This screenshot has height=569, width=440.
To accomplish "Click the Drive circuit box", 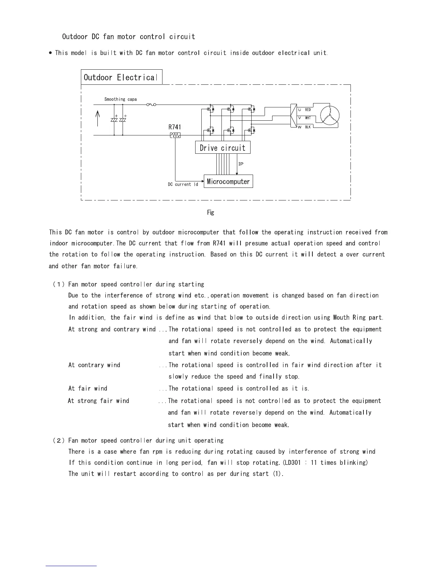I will [x=223, y=148].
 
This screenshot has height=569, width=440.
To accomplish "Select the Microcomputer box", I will [x=228, y=181].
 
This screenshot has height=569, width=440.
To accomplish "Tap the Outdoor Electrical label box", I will [x=122, y=77].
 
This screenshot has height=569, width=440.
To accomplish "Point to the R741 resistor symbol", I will [x=175, y=135].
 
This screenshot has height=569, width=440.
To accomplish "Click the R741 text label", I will [x=175, y=127].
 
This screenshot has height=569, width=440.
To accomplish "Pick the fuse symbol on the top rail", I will [x=151, y=105].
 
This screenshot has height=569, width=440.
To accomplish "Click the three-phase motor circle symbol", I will [x=330, y=116].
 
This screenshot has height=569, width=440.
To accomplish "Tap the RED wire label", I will [x=308, y=110].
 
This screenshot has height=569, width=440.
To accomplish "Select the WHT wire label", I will [x=308, y=118].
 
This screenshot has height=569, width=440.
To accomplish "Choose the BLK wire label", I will [x=308, y=127].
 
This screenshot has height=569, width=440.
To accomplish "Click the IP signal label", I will [x=241, y=164].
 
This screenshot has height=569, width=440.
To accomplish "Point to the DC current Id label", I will [x=183, y=184].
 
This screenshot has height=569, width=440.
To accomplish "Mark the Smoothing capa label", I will [x=120, y=99].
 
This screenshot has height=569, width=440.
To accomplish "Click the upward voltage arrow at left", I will [x=98, y=119].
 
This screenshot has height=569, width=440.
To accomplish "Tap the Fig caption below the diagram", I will [x=211, y=212].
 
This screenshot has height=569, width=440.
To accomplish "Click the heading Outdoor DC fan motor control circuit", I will [x=129, y=37].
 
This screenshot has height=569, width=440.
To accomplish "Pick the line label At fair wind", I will [x=88, y=388].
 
